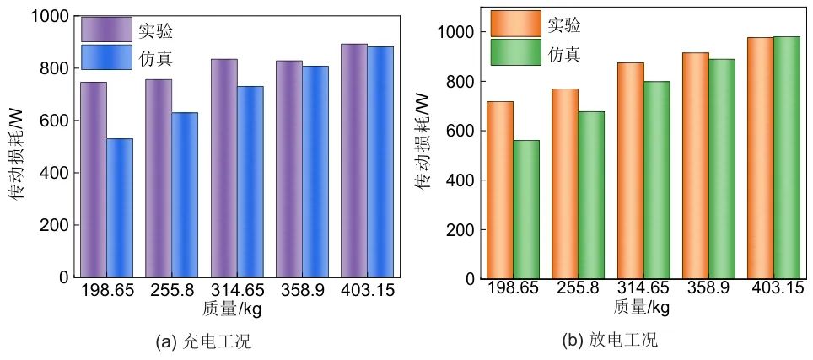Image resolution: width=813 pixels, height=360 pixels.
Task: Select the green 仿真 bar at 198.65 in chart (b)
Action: point(526,209)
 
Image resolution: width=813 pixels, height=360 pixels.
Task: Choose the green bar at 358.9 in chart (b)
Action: point(722,169)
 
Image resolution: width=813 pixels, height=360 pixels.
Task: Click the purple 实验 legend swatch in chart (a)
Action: point(106,30)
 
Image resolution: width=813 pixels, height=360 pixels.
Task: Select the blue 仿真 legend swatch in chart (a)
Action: point(106,56)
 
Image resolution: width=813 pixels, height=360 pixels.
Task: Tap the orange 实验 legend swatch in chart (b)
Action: point(515,24)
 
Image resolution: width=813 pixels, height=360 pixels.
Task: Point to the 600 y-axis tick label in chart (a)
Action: point(52,121)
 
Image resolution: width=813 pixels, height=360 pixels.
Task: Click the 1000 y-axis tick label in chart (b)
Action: point(456,32)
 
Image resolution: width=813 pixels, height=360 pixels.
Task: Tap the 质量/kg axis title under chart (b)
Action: point(642,307)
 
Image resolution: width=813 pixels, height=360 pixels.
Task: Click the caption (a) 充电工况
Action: point(204,342)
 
